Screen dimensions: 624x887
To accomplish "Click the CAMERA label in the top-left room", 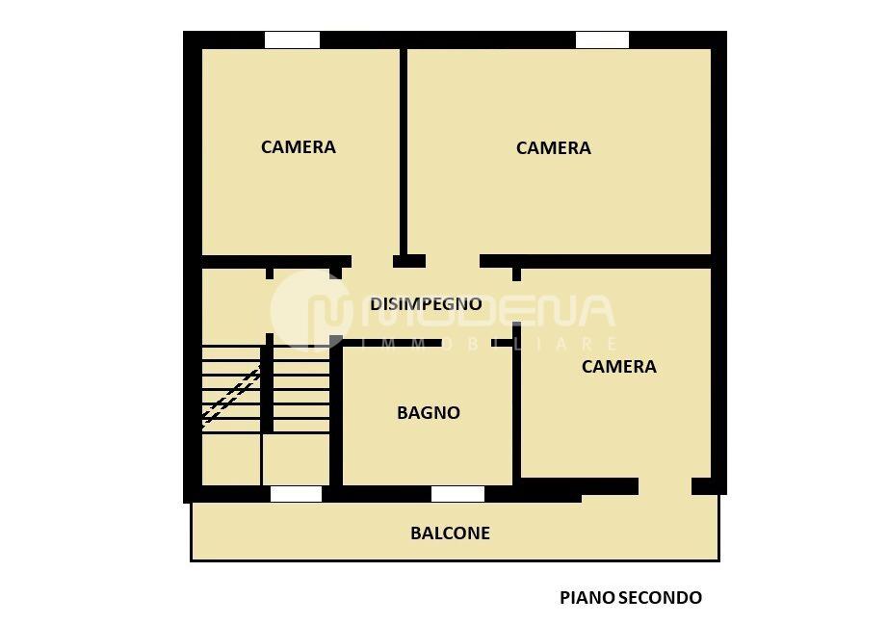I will pyautogui.click(x=299, y=147).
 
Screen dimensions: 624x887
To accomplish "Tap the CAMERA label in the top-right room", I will pyautogui.click(x=554, y=148).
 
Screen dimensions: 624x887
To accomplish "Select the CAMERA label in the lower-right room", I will pyautogui.click(x=619, y=367).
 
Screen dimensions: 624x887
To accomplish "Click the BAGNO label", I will pyautogui.click(x=429, y=413).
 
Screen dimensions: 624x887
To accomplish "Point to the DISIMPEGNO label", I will pyautogui.click(x=426, y=304).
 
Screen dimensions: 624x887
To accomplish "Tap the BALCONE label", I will pyautogui.click(x=450, y=533).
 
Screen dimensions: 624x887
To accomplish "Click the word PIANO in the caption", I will pyautogui.click(x=587, y=598).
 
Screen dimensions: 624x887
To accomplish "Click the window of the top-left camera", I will pyautogui.click(x=292, y=40).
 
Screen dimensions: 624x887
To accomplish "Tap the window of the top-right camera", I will pyautogui.click(x=602, y=40).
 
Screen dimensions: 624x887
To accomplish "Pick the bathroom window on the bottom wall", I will pyautogui.click(x=457, y=494).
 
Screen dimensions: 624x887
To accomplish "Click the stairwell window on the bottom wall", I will pyautogui.click(x=296, y=494).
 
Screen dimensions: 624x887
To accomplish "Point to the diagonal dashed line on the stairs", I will pyautogui.click(x=231, y=395).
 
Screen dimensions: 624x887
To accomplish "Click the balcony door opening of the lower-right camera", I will pyautogui.click(x=665, y=486).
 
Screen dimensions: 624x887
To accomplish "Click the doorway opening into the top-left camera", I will pyautogui.click(x=372, y=261).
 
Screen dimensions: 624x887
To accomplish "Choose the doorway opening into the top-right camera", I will pyautogui.click(x=453, y=261).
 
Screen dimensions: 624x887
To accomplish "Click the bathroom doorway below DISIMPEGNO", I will pyautogui.click(x=467, y=343).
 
